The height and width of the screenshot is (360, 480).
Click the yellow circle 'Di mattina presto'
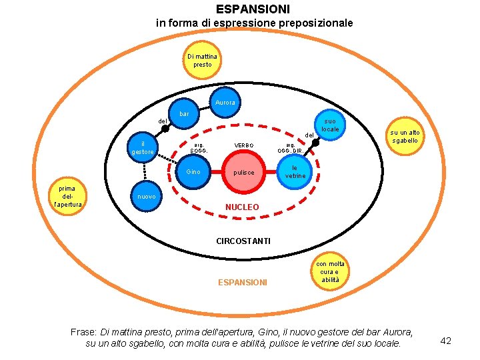(202, 61)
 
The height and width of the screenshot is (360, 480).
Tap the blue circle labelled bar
(185, 115)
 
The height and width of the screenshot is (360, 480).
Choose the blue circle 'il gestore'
(143, 148)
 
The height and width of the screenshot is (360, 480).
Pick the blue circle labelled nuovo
(146, 197)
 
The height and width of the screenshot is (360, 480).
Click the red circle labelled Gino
(194, 173)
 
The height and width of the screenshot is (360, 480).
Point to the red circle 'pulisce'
(244, 173)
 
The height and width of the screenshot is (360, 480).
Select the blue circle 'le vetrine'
(295, 172)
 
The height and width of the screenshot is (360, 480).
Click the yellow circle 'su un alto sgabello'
(405, 137)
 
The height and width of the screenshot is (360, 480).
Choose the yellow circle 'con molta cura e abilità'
(330, 272)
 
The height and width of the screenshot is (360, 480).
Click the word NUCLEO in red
(242, 207)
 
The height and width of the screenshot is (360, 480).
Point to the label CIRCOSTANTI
(243, 241)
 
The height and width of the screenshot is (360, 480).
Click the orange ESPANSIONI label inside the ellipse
(243, 283)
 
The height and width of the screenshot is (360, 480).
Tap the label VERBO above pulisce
(244, 145)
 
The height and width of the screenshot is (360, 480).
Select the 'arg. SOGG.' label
(199, 147)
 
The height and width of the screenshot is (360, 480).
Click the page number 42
(446, 341)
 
